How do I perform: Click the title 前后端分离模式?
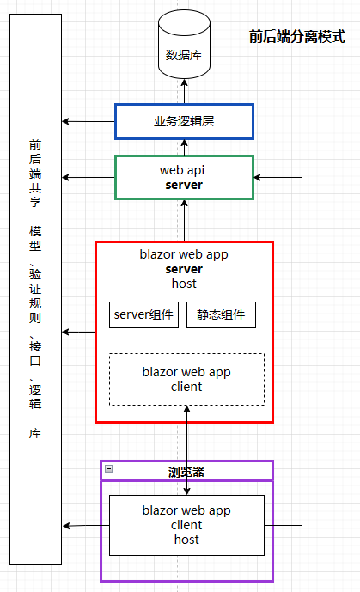click(296, 37)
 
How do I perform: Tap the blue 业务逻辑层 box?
click(184, 121)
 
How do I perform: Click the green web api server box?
click(184, 177)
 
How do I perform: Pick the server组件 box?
click(144, 314)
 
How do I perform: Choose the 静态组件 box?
click(221, 314)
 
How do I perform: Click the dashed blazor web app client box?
click(186, 379)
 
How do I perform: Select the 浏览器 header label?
click(186, 472)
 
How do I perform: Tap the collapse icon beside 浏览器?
click(108, 469)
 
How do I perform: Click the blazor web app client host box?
click(186, 524)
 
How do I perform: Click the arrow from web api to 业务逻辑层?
click(184, 147)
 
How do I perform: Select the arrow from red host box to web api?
click(184, 220)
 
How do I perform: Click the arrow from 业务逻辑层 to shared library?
click(88, 121)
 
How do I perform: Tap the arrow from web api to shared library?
click(88, 177)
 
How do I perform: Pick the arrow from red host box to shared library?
click(79, 332)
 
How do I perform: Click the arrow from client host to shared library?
click(84, 525)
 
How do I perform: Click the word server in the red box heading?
click(183, 269)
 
